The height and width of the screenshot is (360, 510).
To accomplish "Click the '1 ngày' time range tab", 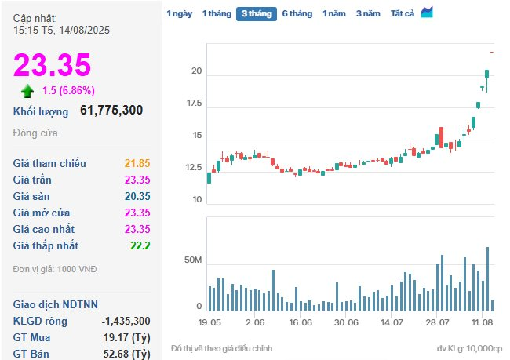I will tap(179, 13).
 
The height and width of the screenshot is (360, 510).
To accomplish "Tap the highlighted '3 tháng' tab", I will tap(256, 13).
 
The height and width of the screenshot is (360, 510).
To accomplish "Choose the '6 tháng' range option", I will tap(297, 13).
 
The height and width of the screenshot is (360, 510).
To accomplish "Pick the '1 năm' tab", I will tap(333, 13).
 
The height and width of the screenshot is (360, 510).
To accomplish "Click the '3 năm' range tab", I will tap(368, 13).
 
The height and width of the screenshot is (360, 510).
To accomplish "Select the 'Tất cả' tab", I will tap(403, 13).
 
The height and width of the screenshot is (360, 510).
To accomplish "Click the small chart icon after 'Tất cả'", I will tap(427, 13).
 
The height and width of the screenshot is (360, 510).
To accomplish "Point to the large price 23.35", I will tap(52, 65).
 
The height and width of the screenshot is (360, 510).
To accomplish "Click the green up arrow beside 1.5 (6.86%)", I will tap(27, 90).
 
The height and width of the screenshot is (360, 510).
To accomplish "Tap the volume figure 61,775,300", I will tap(111, 111).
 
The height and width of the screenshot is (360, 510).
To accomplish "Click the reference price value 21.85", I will tap(137, 163).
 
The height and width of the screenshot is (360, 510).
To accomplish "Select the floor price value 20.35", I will tap(137, 196).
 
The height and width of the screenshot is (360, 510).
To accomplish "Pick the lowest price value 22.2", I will tap(141, 245).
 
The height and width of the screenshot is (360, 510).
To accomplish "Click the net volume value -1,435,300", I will tap(126, 321).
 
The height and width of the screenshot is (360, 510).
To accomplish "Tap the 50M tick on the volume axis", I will tap(193, 260).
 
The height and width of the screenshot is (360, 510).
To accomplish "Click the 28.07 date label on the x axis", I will tap(437, 322).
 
